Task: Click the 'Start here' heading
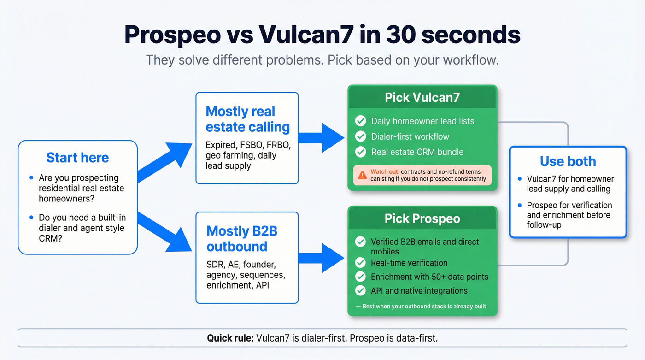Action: pos(77,158)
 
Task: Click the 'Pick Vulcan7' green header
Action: pos(422,97)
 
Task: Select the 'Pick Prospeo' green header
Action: pos(422,218)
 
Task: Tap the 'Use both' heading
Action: pos(568,161)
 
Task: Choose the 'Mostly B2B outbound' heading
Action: pos(241,238)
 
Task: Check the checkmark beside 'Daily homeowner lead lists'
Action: pos(360,121)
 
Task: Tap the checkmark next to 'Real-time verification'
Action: pos(360,263)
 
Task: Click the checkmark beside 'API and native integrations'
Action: pos(360,291)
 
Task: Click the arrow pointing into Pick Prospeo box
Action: pos(322,257)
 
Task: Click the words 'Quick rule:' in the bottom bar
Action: pos(230,338)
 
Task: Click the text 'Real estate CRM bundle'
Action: pos(417,152)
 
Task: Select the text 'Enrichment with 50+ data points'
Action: pos(429,277)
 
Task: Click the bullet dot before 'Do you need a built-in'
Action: pos(31,218)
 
